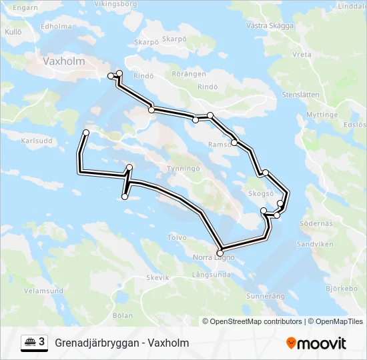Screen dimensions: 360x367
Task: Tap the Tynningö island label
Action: (x=183, y=169)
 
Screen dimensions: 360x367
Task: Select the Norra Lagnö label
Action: (x=214, y=257)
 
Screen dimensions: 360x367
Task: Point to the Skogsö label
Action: (x=261, y=193)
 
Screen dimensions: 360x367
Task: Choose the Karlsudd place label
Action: (x=37, y=141)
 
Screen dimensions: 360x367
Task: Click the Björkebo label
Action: (x=342, y=289)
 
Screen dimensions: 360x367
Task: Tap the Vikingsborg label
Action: (x=115, y=4)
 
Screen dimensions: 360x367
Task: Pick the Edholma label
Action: (x=56, y=27)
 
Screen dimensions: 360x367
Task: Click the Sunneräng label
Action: (x=266, y=295)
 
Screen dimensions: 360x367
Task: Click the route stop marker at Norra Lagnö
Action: (x=220, y=252)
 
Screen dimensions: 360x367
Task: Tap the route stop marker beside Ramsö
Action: (x=234, y=142)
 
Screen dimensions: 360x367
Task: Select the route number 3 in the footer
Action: (x=42, y=342)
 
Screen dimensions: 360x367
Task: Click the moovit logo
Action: (x=316, y=343)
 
